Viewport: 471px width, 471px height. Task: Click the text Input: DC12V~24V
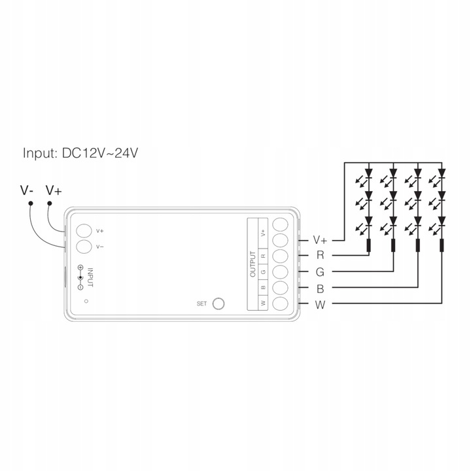[x=81, y=154]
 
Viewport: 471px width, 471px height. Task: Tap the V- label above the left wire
[x=27, y=190]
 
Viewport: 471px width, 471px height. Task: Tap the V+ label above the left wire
[x=54, y=190]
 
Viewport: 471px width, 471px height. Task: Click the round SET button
[x=219, y=303]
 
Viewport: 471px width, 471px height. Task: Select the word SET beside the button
[x=201, y=304]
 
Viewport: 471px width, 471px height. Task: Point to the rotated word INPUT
[x=91, y=276]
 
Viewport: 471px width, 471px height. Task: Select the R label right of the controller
[x=319, y=255]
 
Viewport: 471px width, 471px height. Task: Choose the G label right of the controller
[x=319, y=271]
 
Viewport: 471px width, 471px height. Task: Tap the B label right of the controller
[x=319, y=288]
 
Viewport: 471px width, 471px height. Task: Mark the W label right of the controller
[x=319, y=304]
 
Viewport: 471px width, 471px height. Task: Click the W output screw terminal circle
[x=281, y=303]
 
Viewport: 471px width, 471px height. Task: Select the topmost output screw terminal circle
[x=281, y=224]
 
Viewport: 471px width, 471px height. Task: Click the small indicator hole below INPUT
[x=87, y=302]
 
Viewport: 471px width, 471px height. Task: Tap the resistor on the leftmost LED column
[x=368, y=246]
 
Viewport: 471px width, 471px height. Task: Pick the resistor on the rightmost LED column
[x=442, y=246]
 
